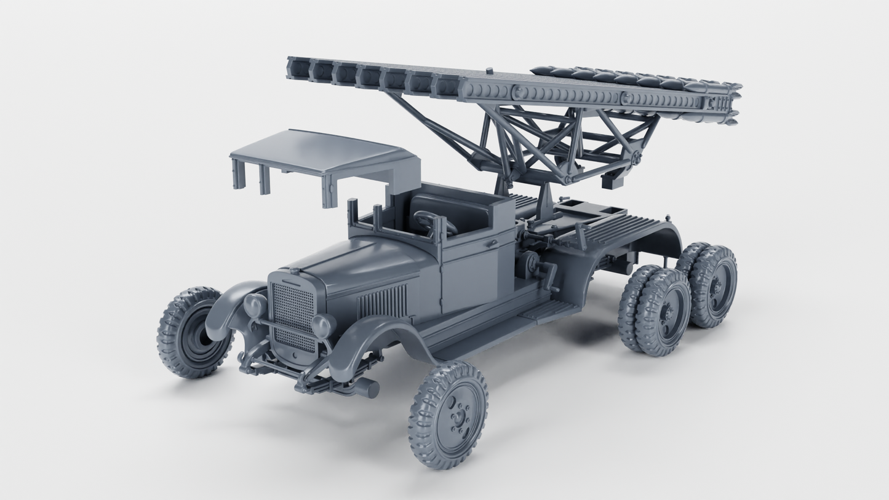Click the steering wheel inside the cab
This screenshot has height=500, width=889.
pyautogui.click(x=434, y=221)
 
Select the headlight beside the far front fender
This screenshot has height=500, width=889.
pyautogui.click(x=255, y=305)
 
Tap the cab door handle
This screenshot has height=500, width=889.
pyautogui.click(x=490, y=244)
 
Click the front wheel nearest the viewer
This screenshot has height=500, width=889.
pyautogui.click(x=449, y=415)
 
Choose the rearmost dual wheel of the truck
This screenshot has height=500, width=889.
pyautogui.click(x=714, y=287)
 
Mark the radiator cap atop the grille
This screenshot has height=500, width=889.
pyautogui.click(x=294, y=271)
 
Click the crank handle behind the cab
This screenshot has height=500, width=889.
pyautogui.click(x=541, y=271)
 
